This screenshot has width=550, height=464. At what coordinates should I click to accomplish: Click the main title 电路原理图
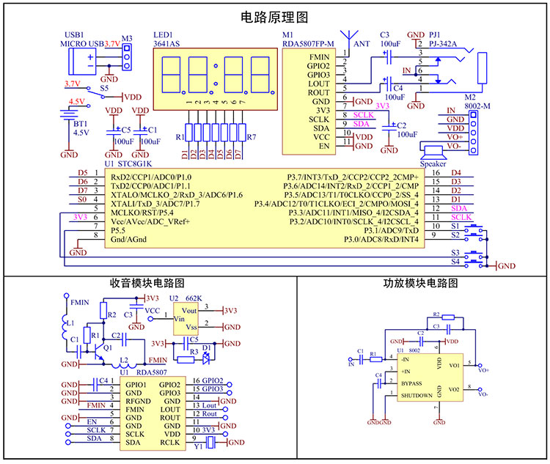tap(274, 16)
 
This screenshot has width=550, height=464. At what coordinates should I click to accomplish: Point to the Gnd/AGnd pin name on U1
tap(130, 240)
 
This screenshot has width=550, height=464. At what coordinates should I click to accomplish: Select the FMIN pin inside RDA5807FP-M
tap(319, 56)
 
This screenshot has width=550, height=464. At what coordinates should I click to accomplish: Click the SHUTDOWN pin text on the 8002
tap(416, 397)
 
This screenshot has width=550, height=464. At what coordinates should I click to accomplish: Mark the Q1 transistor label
tap(108, 347)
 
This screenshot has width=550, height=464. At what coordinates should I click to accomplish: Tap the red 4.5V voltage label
tap(76, 102)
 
